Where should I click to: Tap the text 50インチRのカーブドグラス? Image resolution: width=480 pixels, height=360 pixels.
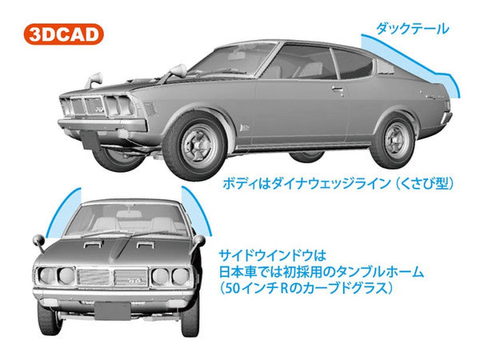tap(318, 289)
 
